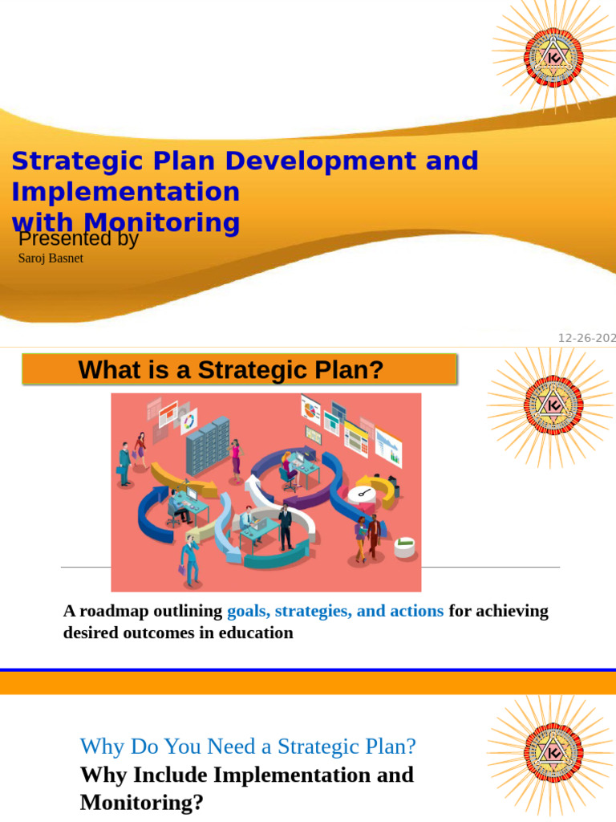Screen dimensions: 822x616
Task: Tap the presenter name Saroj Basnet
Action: click(51, 258)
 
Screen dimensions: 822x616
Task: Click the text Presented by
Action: click(78, 239)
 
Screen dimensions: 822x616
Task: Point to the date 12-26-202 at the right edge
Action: click(586, 338)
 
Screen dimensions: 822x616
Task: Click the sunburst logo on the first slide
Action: click(553, 55)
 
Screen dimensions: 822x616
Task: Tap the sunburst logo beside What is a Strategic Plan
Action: click(553, 405)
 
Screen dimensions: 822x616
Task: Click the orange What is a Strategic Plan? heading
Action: click(239, 370)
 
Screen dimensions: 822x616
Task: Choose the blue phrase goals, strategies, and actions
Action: click(335, 611)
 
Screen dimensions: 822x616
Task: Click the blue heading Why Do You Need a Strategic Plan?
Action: click(248, 747)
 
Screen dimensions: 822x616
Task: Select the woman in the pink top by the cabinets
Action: click(235, 458)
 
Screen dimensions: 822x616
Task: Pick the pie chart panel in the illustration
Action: click(310, 409)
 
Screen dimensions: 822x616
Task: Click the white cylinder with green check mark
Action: click(405, 547)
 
